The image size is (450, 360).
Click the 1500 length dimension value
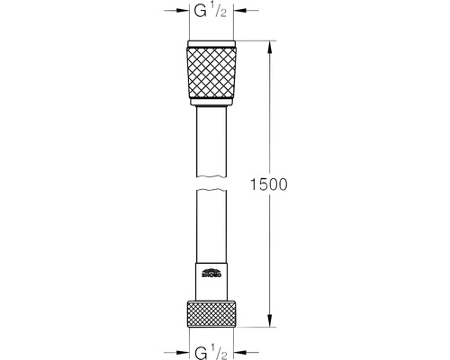coord(268,185)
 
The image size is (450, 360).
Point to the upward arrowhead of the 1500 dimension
coord(269,45)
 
